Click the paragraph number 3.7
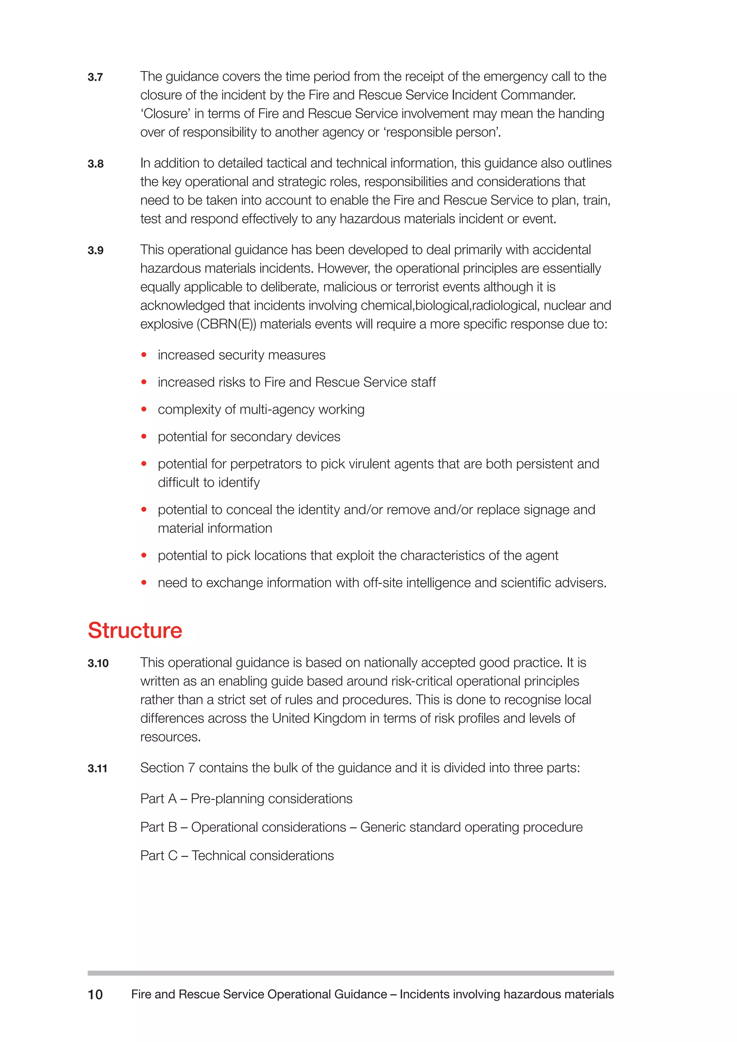(95, 77)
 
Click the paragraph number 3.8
(95, 164)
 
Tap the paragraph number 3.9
(95, 250)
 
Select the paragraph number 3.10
(98, 663)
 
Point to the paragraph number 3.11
(97, 769)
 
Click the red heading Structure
(135, 630)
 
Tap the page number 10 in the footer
(95, 995)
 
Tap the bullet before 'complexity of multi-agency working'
(144, 409)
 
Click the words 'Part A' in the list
(158, 799)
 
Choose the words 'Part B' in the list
(158, 827)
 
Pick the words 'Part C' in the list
(158, 856)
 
